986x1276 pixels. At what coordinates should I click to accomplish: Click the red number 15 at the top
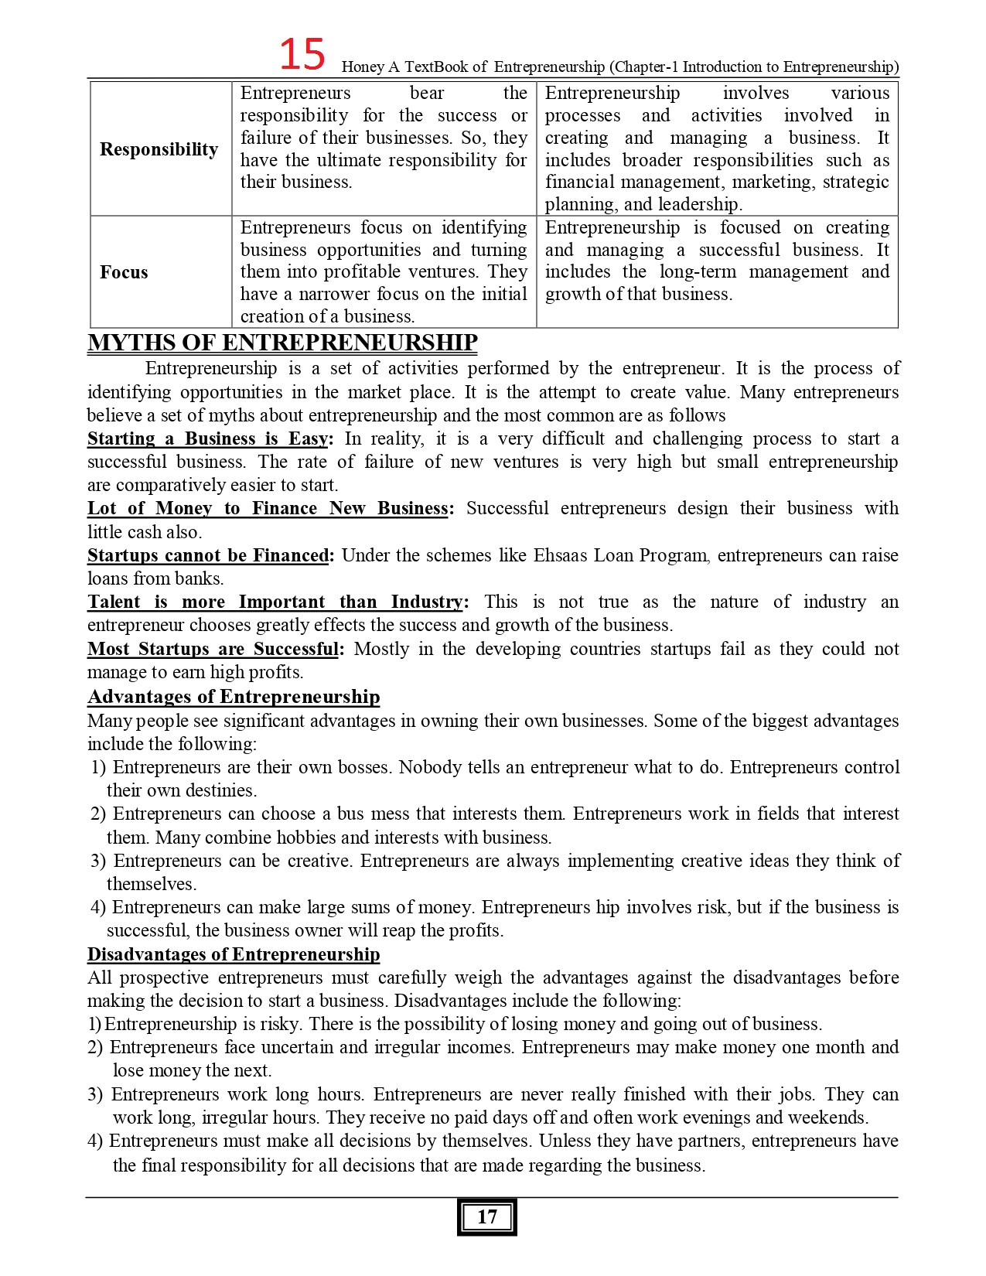pos(302,56)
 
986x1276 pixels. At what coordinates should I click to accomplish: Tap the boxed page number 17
pos(486,1216)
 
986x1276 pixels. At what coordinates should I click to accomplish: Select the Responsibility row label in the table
pos(159,149)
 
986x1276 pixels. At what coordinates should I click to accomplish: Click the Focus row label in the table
pos(124,272)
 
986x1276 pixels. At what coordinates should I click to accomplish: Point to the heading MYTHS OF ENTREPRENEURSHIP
pos(282,343)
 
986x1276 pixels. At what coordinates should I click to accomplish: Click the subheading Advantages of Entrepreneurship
pos(234,697)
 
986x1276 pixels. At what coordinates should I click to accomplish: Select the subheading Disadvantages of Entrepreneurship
pos(234,954)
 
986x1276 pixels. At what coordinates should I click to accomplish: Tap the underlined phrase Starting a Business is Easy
pos(208,439)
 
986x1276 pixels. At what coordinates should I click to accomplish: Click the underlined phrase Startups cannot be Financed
pos(208,555)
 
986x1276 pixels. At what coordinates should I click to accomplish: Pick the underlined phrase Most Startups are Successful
pos(213,649)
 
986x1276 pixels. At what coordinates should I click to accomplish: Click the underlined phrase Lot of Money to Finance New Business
pos(268,509)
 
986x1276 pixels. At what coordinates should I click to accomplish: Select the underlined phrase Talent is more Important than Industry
pos(275,602)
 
